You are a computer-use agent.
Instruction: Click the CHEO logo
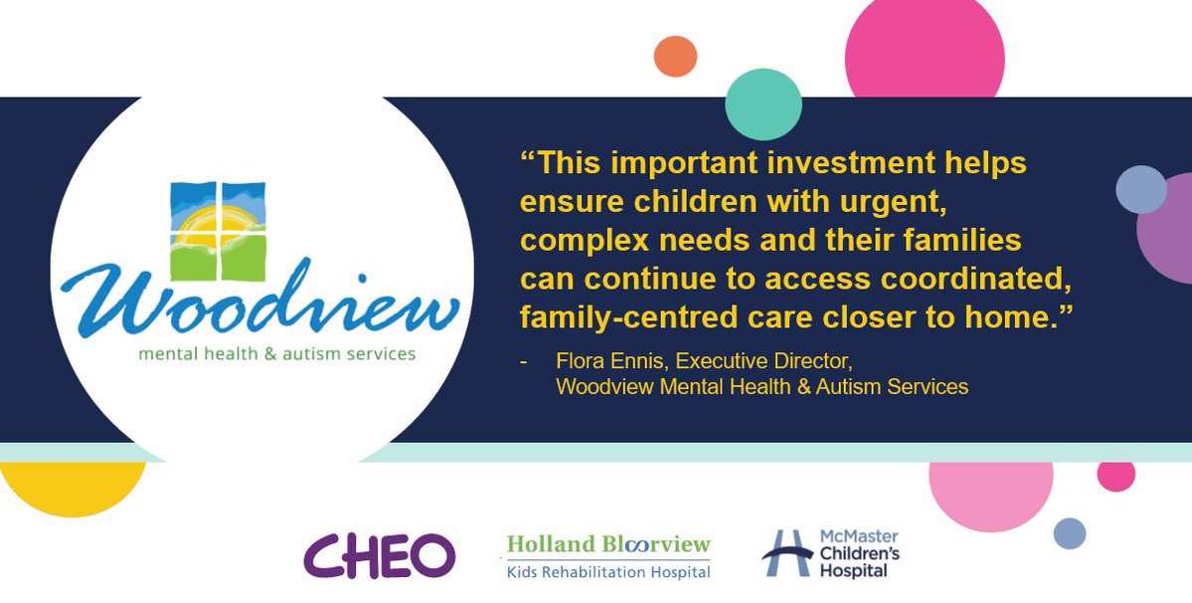point(379,555)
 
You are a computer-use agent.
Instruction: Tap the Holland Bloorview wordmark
point(608,544)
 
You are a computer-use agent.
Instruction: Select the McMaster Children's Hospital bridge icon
point(785,552)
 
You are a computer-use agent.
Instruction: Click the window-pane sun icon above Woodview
point(217,231)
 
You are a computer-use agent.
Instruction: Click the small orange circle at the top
point(676,56)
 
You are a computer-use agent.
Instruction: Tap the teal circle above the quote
point(764,103)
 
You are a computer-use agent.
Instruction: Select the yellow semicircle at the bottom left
point(73,488)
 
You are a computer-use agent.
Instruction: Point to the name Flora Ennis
point(601,362)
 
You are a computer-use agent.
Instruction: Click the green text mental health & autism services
point(276,353)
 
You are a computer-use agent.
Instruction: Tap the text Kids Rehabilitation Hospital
point(608,572)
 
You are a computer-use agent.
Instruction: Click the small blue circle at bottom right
point(1070,533)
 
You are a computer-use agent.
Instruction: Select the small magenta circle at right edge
point(1116,475)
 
